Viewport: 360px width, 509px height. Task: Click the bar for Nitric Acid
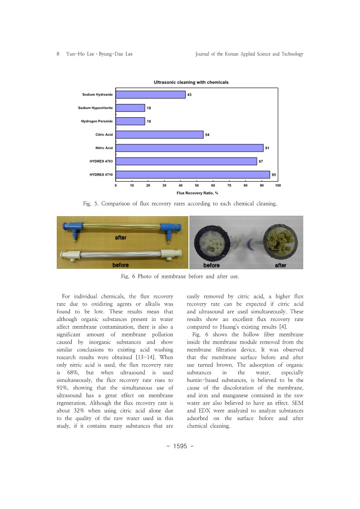click(x=189, y=148)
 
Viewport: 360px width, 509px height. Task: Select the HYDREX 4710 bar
click(x=192, y=175)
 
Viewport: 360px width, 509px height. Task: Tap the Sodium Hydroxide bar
click(x=150, y=94)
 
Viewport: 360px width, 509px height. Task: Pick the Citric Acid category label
click(x=104, y=134)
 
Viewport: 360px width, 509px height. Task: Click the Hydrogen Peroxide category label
click(x=97, y=121)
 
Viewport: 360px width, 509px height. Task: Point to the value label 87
click(x=261, y=161)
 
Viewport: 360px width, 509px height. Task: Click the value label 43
click(x=189, y=94)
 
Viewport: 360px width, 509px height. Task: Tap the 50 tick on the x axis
click(x=197, y=185)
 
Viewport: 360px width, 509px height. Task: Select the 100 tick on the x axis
click(x=278, y=185)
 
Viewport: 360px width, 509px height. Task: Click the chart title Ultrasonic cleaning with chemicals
click(x=191, y=82)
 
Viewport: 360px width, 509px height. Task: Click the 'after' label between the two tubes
click(x=121, y=237)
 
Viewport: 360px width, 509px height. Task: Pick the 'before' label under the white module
click(x=121, y=265)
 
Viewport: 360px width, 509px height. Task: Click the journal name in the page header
click(x=249, y=54)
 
